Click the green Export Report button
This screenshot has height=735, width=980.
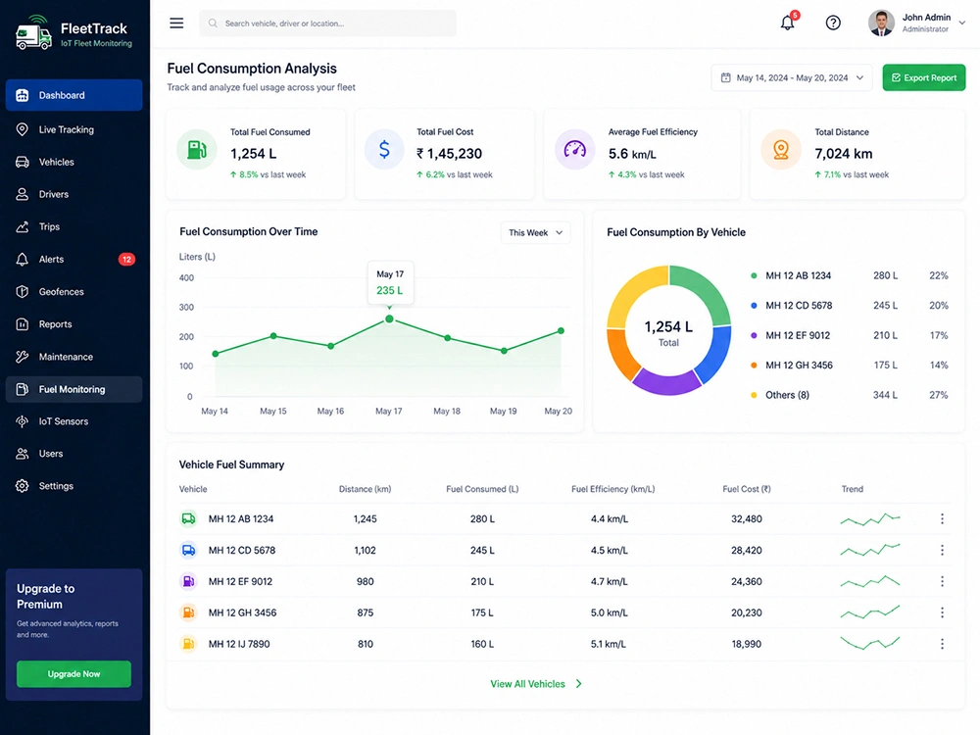click(x=924, y=77)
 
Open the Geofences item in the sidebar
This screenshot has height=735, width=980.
click(x=61, y=292)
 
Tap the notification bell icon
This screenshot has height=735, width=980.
click(x=788, y=24)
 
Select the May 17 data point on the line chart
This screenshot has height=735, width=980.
click(x=389, y=318)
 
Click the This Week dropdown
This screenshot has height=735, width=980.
click(x=536, y=232)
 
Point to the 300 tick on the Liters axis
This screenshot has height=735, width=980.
click(x=186, y=307)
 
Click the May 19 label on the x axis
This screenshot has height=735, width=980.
click(x=503, y=411)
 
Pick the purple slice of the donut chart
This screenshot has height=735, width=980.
click(x=666, y=382)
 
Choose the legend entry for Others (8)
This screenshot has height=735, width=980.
click(x=787, y=395)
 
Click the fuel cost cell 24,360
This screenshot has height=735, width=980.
click(x=746, y=581)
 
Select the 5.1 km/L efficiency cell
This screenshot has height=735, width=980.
click(x=609, y=644)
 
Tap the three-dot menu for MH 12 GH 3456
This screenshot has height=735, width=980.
click(x=942, y=612)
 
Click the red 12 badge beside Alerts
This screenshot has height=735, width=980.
click(x=126, y=260)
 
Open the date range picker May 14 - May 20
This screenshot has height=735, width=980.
click(x=791, y=77)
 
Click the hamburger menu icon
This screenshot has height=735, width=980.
click(x=176, y=24)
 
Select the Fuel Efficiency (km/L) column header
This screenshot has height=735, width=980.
click(x=612, y=489)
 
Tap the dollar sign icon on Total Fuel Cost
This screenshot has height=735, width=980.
click(x=384, y=149)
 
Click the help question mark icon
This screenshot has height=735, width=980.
click(x=833, y=24)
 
